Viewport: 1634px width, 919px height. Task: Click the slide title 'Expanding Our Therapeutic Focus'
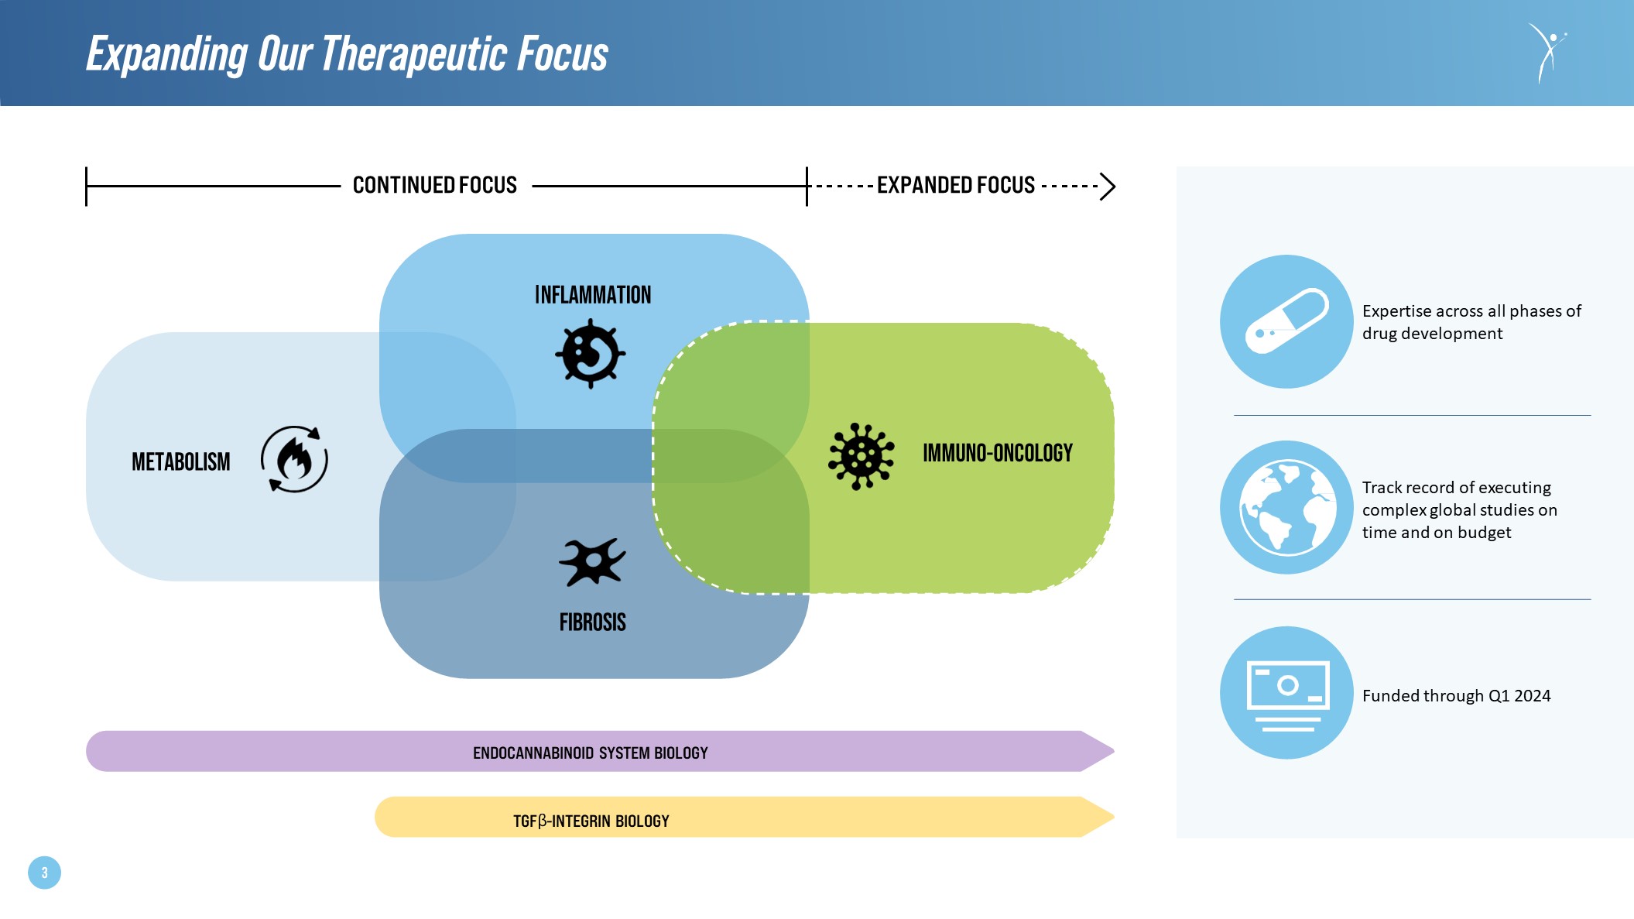(347, 54)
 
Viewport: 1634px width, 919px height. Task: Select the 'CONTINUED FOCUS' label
(434, 186)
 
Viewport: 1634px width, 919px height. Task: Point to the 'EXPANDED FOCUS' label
(955, 186)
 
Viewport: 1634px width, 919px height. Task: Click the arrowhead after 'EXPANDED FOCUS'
(1108, 187)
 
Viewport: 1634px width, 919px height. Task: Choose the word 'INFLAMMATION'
(593, 295)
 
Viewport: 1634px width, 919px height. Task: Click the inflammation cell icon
(591, 354)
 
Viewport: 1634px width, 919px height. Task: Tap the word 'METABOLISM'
(180, 462)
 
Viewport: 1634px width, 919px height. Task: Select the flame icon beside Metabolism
(294, 459)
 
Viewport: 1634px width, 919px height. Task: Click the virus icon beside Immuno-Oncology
(861, 456)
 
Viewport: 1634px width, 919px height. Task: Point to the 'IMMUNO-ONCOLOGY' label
(997, 453)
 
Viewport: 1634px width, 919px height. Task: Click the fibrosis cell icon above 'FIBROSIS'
(592, 561)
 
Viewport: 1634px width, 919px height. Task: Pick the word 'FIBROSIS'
(592, 622)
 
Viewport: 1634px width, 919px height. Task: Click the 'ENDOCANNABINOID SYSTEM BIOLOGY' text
(590, 753)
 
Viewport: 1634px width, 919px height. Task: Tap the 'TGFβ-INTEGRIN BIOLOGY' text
(591, 821)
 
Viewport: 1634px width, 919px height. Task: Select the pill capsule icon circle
(1286, 321)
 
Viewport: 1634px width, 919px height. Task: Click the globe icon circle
(1286, 507)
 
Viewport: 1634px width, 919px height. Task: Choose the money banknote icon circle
(1286, 693)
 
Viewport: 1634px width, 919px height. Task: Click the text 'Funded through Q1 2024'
(1456, 696)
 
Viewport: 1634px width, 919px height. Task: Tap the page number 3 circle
(44, 873)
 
